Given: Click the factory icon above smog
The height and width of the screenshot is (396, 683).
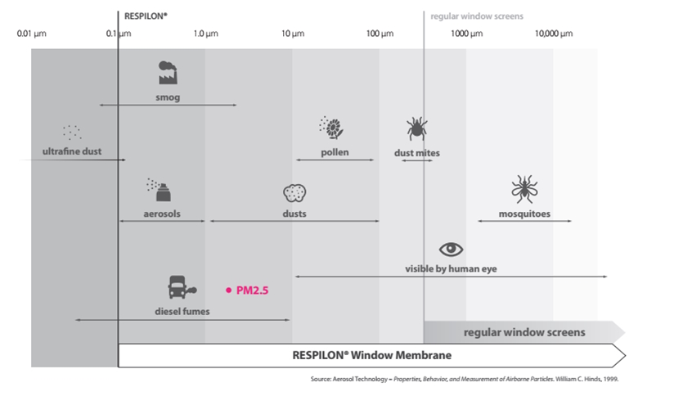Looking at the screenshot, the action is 168,72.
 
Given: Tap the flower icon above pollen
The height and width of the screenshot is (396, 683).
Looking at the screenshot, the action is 331,128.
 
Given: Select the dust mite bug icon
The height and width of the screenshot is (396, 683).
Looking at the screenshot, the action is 417,128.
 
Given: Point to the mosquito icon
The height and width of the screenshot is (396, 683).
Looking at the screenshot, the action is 524,189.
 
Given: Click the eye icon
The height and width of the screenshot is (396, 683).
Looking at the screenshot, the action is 451,250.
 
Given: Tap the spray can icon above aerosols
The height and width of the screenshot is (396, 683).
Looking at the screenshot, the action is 159,190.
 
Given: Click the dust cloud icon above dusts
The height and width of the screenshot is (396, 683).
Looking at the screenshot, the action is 294,193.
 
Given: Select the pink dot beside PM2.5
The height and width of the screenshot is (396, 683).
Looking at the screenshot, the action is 229,290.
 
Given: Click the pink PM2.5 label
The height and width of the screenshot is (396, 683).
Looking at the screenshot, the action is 252,290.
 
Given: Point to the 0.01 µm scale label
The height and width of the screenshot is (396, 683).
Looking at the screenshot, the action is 31,34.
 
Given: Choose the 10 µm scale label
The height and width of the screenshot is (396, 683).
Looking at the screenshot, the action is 293,34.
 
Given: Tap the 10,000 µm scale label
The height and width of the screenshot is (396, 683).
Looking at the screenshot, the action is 554,34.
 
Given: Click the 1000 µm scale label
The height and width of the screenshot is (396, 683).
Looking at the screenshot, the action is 466,34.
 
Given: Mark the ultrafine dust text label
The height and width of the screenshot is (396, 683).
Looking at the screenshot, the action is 72,151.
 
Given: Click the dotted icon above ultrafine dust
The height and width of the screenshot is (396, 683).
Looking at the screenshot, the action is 72,132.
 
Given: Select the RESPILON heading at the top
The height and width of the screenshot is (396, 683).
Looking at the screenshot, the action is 146,16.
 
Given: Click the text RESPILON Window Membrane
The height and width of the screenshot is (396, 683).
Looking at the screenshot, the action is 371,355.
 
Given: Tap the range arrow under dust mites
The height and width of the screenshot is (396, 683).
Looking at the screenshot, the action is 417,160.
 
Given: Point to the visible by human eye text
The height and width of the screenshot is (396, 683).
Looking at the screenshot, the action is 451,269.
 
